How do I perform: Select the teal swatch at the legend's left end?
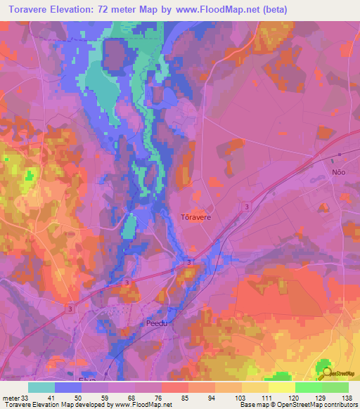(41, 387)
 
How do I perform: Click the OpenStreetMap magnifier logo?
(324, 370)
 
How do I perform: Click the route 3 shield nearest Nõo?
(247, 206)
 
